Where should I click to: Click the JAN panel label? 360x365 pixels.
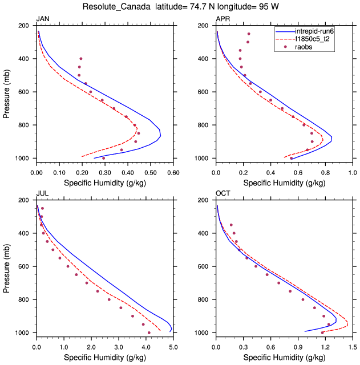tap(42, 19)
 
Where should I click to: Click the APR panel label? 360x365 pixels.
tap(223, 19)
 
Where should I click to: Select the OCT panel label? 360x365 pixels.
tap(223, 194)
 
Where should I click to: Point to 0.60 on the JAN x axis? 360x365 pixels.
tap(173, 171)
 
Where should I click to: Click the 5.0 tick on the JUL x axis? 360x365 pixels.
tap(173, 346)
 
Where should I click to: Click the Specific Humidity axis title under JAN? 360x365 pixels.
tap(104, 183)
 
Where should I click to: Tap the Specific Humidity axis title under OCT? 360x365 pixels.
tap(284, 358)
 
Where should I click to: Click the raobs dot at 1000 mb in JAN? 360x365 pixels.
tap(103, 158)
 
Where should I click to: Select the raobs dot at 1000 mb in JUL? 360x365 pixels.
tap(149, 332)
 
